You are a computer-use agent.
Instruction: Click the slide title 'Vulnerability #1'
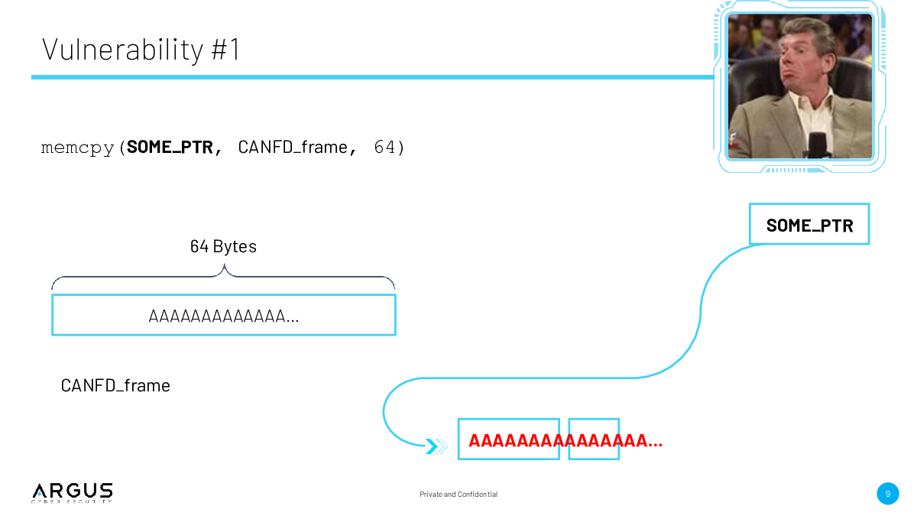point(141,50)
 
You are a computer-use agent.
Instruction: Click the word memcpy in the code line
point(77,148)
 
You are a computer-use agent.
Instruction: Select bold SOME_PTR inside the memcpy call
point(170,147)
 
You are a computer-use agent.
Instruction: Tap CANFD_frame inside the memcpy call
point(293,147)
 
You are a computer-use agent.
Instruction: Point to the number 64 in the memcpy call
point(384,147)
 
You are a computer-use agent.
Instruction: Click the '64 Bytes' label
point(223,246)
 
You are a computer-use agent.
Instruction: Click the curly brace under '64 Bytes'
point(223,277)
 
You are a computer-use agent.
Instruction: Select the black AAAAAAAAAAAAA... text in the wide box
point(223,316)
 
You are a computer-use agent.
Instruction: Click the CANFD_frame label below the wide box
point(115,385)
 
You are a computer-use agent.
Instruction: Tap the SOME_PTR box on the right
point(809,224)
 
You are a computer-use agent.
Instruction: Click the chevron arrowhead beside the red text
point(436,446)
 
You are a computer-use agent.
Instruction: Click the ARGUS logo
point(72,492)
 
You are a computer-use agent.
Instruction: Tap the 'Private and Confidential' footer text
point(458,495)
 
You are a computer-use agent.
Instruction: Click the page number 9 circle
point(888,494)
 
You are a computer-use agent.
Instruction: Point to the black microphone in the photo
point(818,145)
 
